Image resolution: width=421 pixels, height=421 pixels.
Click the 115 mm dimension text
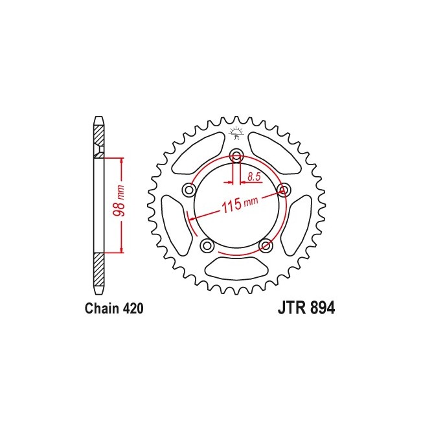tap(240, 204)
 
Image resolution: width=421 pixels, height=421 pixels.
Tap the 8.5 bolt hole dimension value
tap(254, 177)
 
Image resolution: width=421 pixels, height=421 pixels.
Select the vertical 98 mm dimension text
tap(119, 201)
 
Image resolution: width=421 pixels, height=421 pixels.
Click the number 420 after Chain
tap(133, 309)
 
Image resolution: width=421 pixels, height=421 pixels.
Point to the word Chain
tap(102, 309)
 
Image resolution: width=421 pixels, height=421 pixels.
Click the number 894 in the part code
tap(323, 308)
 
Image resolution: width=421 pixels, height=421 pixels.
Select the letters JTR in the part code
tap(292, 308)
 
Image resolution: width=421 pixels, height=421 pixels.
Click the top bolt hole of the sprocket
tap(236, 155)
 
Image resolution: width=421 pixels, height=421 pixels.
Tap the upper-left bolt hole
tap(189, 190)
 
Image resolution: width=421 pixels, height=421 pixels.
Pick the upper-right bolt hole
tap(283, 190)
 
